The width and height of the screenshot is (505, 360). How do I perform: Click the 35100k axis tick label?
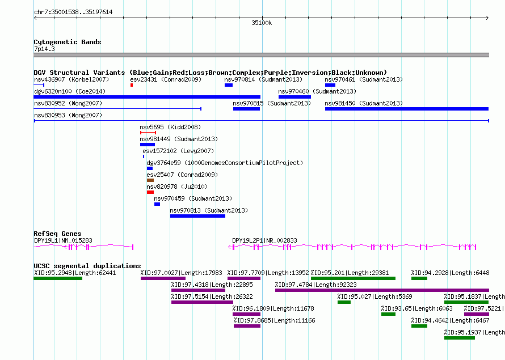point(262,23)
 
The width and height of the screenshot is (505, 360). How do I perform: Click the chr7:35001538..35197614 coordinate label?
point(73,12)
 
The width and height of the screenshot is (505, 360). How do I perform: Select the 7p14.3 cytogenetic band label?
point(44,49)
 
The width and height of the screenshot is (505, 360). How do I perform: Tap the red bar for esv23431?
point(132,85)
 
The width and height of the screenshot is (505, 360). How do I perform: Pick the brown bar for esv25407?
point(150,180)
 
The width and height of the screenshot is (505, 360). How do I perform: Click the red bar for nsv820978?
point(150,192)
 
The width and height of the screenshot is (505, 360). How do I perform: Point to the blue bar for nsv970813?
point(198,216)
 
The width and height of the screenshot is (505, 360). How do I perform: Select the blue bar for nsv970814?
point(229,85)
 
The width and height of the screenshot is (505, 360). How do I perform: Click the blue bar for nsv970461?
point(330,85)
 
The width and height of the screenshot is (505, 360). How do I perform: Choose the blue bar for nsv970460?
point(294,97)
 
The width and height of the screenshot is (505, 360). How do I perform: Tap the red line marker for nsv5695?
point(148,133)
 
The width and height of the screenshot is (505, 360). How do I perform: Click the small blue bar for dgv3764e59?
point(150,168)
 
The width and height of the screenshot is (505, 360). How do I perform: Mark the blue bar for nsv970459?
point(157,204)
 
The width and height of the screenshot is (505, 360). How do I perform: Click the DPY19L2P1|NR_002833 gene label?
point(265,240)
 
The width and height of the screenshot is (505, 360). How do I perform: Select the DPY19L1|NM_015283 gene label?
point(63,240)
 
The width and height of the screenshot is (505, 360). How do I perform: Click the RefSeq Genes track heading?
point(58,234)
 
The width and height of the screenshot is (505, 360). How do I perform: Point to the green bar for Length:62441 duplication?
point(58,278)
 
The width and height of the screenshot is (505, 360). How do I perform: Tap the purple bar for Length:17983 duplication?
point(163,278)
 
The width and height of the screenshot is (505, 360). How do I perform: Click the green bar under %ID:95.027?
point(344,302)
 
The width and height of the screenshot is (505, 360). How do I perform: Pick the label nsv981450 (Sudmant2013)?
point(364,103)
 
